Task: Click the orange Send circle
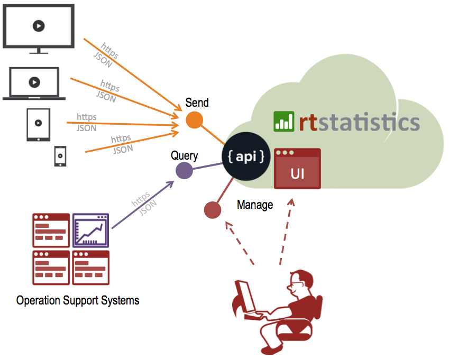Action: click(195, 120)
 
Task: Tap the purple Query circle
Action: click(184, 171)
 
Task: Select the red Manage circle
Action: click(213, 210)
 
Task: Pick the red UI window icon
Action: click(297, 169)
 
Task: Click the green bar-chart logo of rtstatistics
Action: click(283, 121)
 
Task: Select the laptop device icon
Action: click(34, 84)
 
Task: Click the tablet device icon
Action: click(38, 125)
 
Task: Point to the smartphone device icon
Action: click(60, 156)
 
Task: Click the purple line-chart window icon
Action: click(90, 230)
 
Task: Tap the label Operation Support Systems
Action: click(78, 301)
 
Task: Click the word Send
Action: click(197, 103)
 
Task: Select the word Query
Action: click(185, 156)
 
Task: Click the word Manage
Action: click(255, 205)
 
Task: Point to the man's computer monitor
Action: click(244, 297)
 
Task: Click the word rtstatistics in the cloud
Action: click(358, 122)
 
